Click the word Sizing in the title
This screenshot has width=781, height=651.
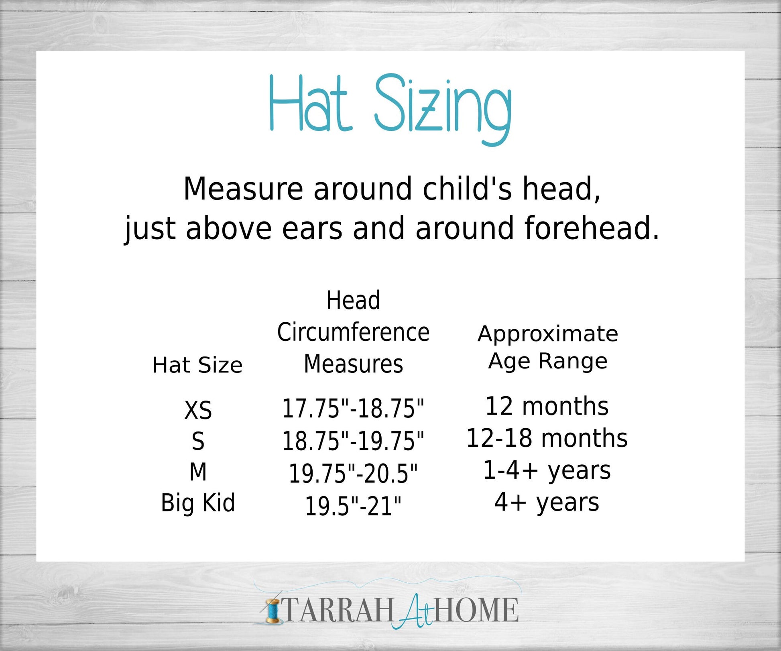pyautogui.click(x=443, y=109)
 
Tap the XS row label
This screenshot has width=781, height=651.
pyautogui.click(x=198, y=410)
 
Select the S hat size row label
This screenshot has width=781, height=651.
pyautogui.click(x=198, y=441)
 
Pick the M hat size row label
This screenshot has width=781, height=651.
pyautogui.click(x=198, y=472)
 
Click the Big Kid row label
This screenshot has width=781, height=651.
pyautogui.click(x=198, y=502)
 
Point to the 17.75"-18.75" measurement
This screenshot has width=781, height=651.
pyautogui.click(x=353, y=409)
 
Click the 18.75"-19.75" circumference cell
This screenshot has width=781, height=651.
pyautogui.click(x=353, y=441)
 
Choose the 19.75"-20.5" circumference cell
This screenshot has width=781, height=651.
pyautogui.click(x=353, y=473)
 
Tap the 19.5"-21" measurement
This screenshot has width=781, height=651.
pyautogui.click(x=353, y=505)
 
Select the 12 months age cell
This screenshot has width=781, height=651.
pyautogui.click(x=547, y=406)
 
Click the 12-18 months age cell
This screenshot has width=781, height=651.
pyautogui.click(x=547, y=438)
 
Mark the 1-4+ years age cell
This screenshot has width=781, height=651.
pyautogui.click(x=547, y=470)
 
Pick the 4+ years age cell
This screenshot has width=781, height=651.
pyautogui.click(x=547, y=502)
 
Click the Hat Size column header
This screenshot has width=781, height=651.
pyautogui.click(x=197, y=365)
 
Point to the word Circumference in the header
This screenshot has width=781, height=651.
pyautogui.click(x=353, y=332)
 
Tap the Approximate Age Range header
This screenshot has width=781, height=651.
pyautogui.click(x=548, y=348)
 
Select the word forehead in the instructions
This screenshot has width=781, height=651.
pyautogui.click(x=587, y=228)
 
